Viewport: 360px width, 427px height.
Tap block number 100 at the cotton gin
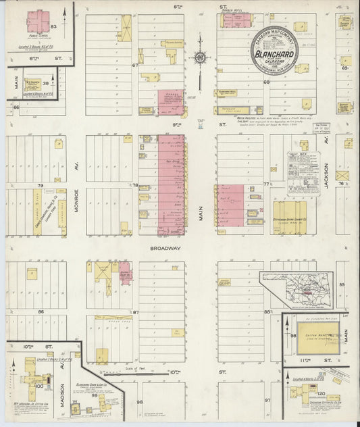38,386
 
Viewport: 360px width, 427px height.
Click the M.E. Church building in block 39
32,85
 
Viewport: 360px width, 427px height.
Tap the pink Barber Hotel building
236,20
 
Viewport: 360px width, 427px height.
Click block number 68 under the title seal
266,82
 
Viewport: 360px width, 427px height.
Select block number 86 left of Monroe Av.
41,311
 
